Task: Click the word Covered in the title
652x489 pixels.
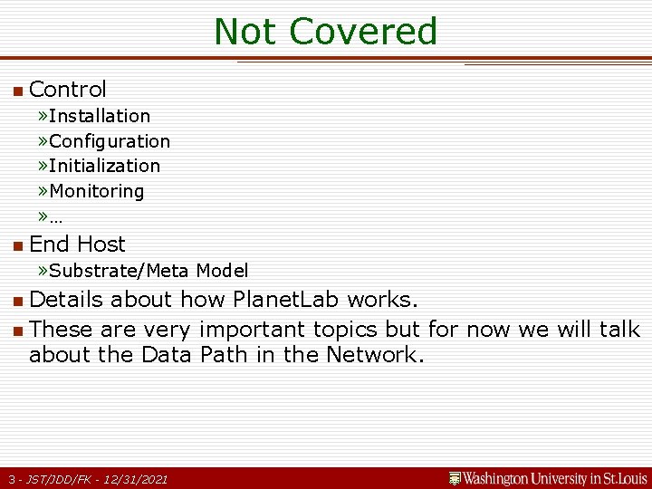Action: click(x=363, y=32)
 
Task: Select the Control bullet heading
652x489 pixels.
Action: click(x=68, y=89)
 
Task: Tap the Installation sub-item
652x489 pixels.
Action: click(x=100, y=116)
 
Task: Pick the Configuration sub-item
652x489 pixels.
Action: click(x=110, y=141)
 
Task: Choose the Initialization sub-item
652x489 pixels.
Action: click(x=104, y=166)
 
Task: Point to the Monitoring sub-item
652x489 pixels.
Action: click(x=97, y=191)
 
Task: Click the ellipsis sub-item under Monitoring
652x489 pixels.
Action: click(x=56, y=216)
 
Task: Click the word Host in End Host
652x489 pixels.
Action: click(x=101, y=244)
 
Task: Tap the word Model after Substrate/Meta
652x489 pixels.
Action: click(x=222, y=271)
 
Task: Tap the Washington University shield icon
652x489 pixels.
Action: click(x=455, y=477)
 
